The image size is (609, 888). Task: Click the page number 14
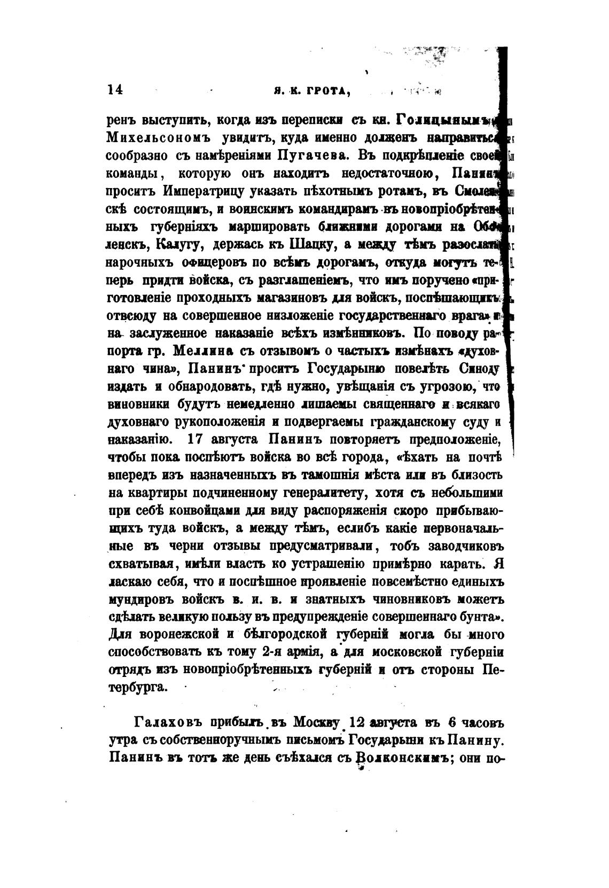[x=115, y=89]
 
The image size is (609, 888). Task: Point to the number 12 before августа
[x=357, y=723]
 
